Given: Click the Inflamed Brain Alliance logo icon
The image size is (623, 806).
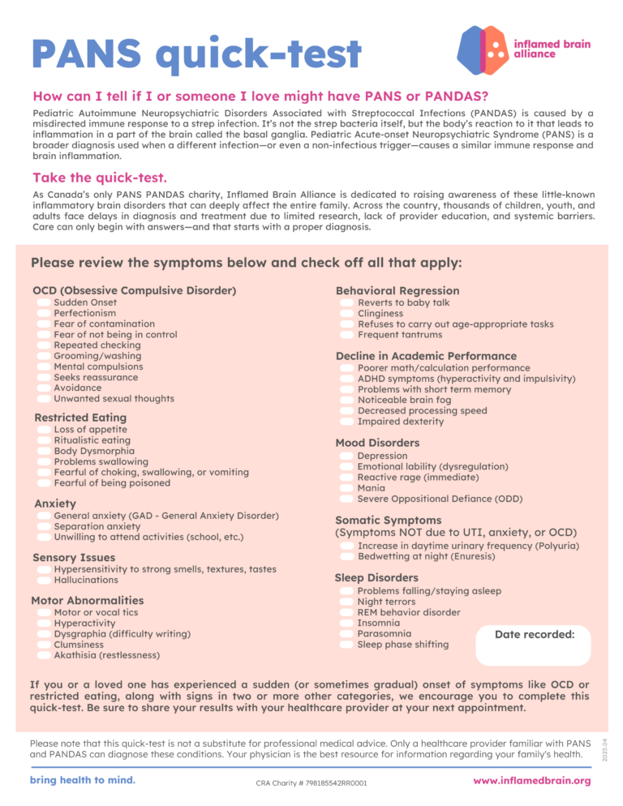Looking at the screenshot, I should (483, 49).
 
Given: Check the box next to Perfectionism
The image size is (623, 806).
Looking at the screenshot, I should (43, 313).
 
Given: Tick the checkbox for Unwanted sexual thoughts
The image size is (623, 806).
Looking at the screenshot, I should (43, 399).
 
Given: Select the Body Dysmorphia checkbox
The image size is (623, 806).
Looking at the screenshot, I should (43, 452).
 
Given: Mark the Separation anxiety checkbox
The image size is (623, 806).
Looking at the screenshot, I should (43, 527).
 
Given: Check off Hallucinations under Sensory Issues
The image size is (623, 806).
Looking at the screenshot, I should (43, 581).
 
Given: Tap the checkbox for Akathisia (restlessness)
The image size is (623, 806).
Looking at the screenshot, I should (43, 655).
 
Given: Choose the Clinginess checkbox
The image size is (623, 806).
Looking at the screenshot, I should (346, 314).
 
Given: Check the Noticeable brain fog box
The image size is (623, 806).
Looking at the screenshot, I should (346, 401).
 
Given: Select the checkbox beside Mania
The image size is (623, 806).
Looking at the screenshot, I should (346, 489).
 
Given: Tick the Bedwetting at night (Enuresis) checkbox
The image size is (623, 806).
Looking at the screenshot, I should (346, 558).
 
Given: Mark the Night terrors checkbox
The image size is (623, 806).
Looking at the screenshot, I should (346, 602).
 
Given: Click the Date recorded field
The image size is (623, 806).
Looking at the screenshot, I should (534, 645).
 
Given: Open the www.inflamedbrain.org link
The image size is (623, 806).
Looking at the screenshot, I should (531, 781).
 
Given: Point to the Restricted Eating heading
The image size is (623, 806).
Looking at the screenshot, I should (80, 418).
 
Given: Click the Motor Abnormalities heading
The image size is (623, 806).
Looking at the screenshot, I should (87, 601).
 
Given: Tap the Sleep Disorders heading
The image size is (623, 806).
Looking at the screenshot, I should (376, 578).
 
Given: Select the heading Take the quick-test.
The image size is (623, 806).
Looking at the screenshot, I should (100, 177).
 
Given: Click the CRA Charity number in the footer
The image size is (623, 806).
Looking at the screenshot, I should (311, 783).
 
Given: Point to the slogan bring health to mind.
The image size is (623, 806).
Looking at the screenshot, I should (82, 780).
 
